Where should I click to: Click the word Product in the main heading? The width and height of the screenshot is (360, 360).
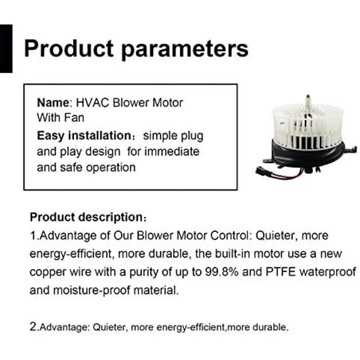tap(69, 48)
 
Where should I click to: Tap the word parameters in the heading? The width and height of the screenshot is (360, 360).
tap(185, 50)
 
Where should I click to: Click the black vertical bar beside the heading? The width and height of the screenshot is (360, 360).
tap(6, 48)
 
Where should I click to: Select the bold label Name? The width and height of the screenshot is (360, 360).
tap(53, 102)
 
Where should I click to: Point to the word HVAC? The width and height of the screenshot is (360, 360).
tap(92, 102)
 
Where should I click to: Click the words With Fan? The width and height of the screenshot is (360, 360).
tap(60, 118)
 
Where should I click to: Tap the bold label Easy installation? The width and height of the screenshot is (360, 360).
tap(84, 136)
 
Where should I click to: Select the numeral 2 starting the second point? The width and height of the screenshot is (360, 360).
tap(33, 326)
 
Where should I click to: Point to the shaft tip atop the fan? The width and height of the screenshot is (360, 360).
tap(308, 96)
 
